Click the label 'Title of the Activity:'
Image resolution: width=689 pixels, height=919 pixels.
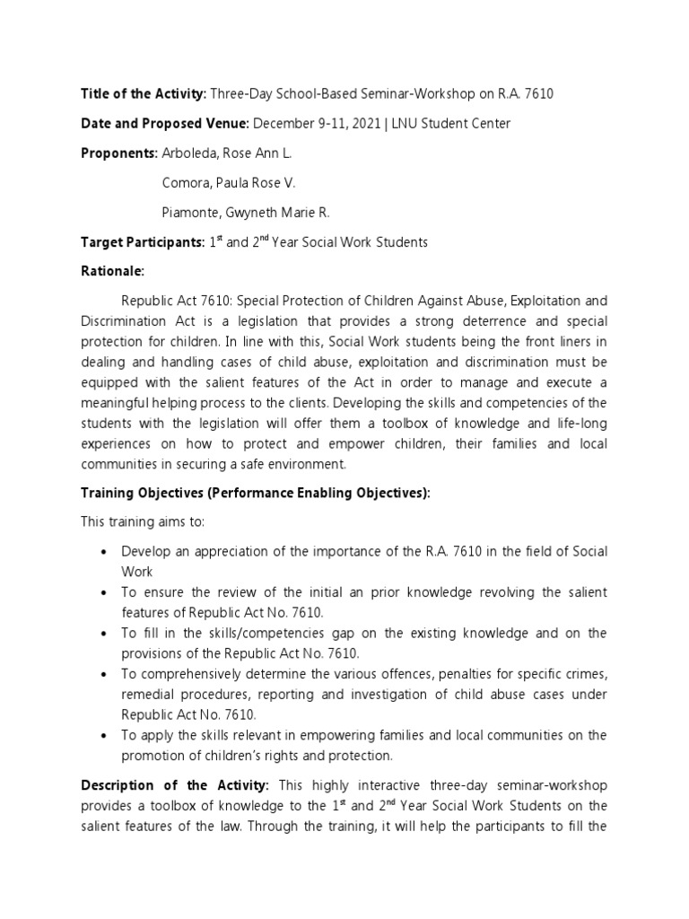pos(144,93)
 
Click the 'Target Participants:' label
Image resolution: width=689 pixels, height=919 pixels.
pos(142,242)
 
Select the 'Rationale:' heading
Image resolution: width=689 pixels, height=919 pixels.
pos(112,271)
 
